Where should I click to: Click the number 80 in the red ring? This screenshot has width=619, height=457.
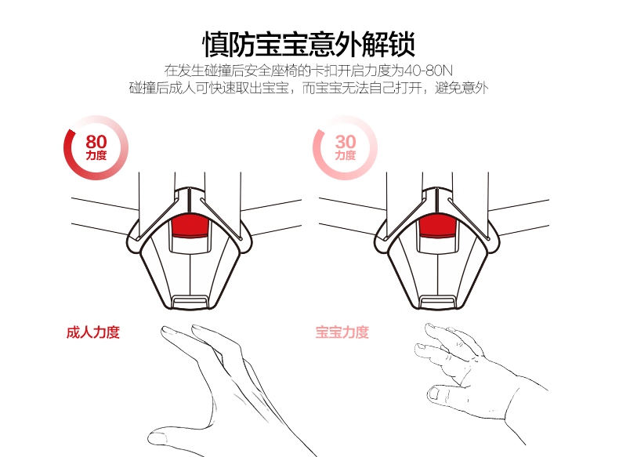[96, 142]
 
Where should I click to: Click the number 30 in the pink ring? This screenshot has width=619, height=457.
[346, 142]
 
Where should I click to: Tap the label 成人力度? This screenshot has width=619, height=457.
[93, 332]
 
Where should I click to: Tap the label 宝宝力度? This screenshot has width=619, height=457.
[342, 332]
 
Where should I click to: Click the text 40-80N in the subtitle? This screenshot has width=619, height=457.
[430, 69]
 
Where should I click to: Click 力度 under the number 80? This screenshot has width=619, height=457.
[96, 156]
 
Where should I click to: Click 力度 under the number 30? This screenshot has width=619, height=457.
[346, 156]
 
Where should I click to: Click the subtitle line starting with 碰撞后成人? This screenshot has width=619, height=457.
[309, 88]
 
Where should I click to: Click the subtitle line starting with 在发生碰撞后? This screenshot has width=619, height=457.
[309, 69]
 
